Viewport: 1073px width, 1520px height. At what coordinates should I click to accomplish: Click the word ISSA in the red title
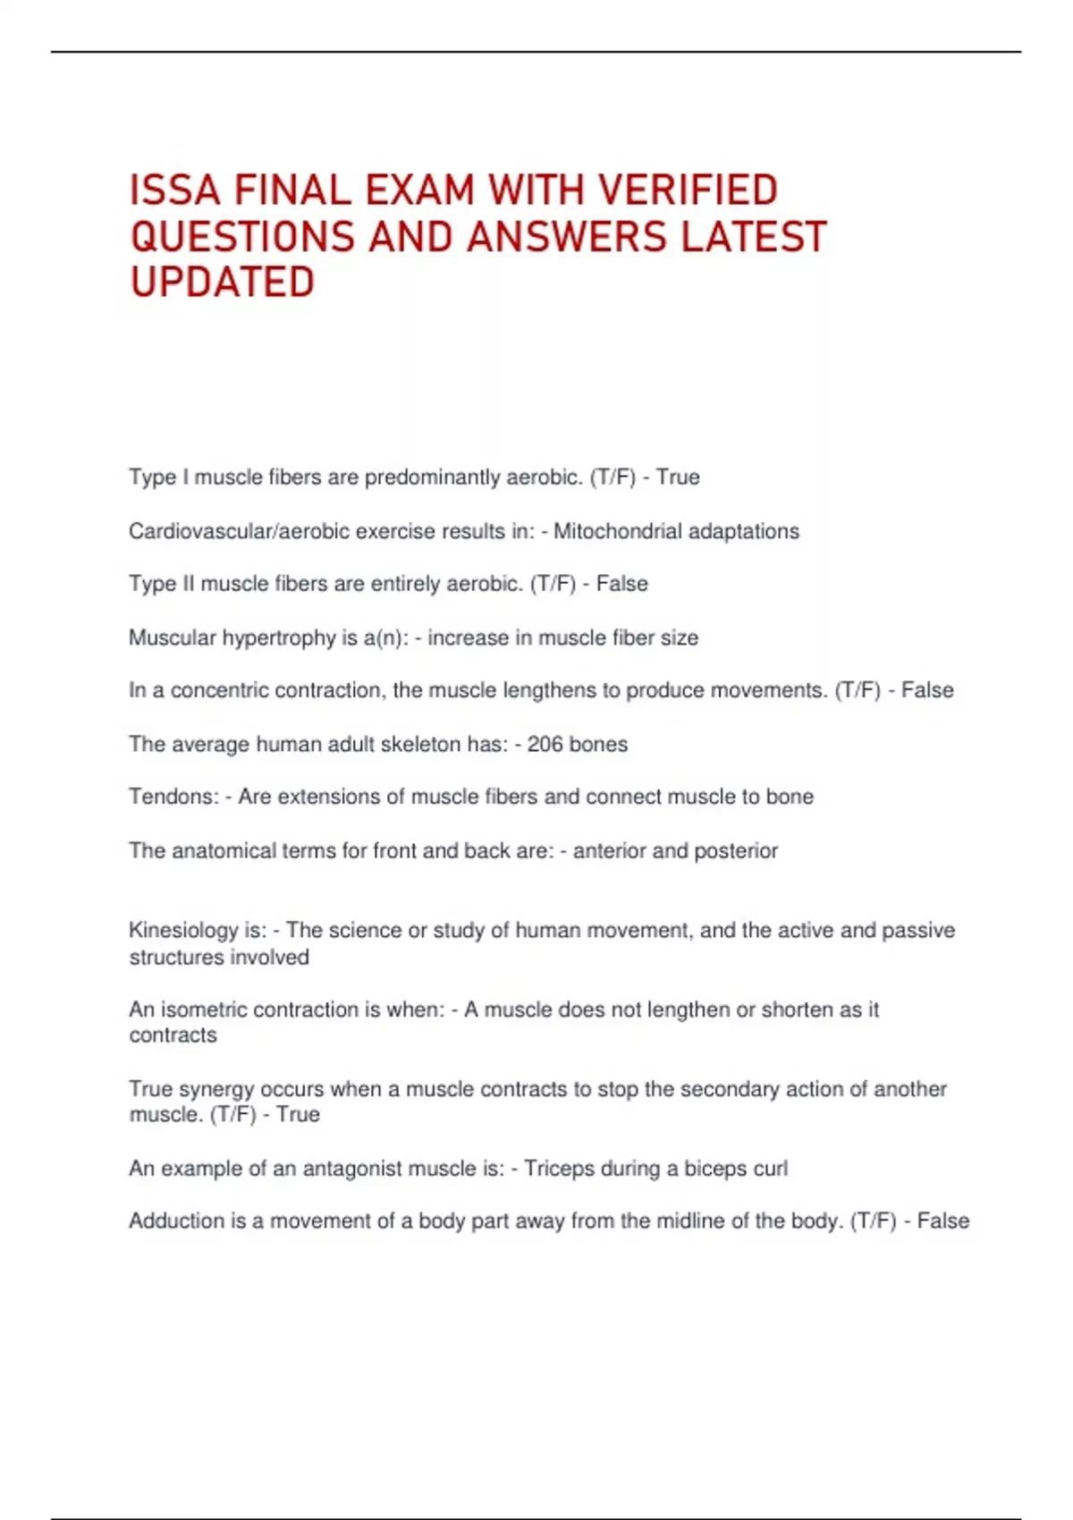(x=174, y=190)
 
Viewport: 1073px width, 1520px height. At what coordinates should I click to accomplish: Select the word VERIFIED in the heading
(x=688, y=190)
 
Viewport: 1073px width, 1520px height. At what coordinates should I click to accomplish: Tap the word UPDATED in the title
(x=223, y=283)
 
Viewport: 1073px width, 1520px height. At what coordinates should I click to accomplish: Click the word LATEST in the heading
(x=753, y=237)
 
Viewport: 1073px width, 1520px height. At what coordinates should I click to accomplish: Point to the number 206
(x=545, y=744)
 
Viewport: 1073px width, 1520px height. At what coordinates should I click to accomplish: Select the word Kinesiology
(x=183, y=931)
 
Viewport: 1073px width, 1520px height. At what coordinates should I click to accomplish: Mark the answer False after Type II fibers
(x=622, y=584)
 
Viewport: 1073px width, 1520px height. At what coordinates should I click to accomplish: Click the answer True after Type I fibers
(x=678, y=477)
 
